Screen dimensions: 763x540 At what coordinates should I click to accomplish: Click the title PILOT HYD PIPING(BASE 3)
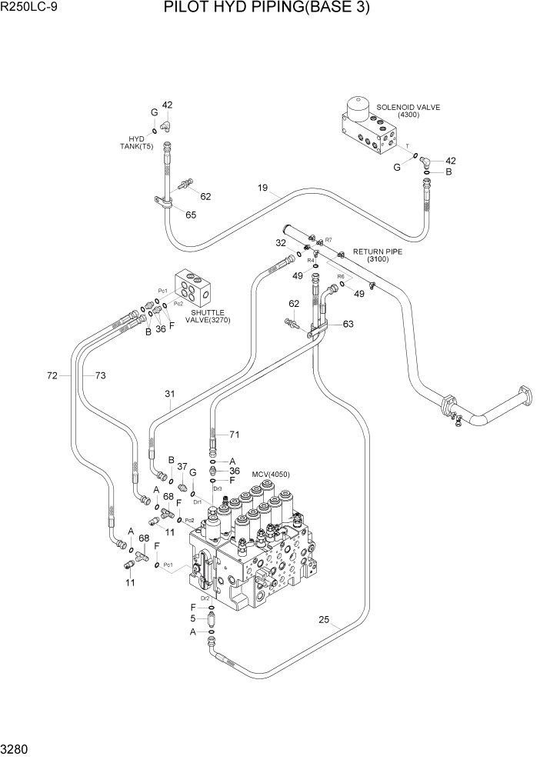coord(266,9)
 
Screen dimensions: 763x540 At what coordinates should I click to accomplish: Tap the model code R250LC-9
coord(28,8)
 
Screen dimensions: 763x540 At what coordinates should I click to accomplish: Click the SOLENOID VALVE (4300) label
coord(408,111)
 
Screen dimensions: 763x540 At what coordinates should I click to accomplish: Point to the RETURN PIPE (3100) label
coord(377,255)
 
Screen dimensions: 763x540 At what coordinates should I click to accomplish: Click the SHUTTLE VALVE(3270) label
coord(210,316)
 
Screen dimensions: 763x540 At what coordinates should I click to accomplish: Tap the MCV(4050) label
coord(270,474)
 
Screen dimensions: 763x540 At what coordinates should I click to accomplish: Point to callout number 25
coord(324,620)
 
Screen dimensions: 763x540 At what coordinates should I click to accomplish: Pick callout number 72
coord(52,375)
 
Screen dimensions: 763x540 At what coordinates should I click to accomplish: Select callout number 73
coord(100,375)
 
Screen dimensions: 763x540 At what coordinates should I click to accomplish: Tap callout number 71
coord(235,435)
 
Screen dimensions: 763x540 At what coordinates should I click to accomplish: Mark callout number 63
coord(348,324)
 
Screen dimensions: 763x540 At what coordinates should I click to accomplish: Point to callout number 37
coord(182,466)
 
